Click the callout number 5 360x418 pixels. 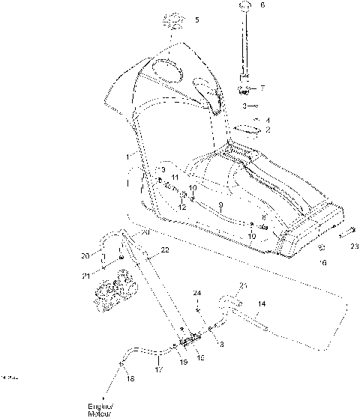click(196, 19)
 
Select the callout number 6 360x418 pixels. click(262, 5)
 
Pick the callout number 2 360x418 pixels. click(268, 130)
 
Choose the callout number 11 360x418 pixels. click(174, 177)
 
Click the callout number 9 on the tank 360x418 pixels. click(220, 204)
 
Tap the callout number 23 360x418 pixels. click(354, 245)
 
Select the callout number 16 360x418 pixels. click(323, 263)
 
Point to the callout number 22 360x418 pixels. click(164, 249)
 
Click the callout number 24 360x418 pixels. click(197, 291)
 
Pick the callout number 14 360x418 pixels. click(261, 304)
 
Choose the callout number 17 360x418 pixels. click(158, 369)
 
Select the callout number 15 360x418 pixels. click(199, 359)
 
